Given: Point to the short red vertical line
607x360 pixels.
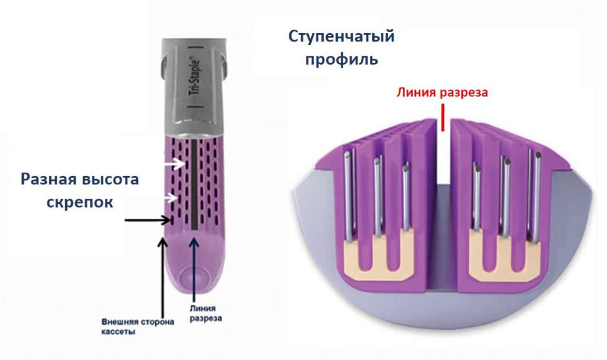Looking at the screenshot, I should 443,116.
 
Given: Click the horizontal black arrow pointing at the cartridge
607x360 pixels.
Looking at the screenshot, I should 148,221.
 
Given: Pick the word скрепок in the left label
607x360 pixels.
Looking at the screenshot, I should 80,202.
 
